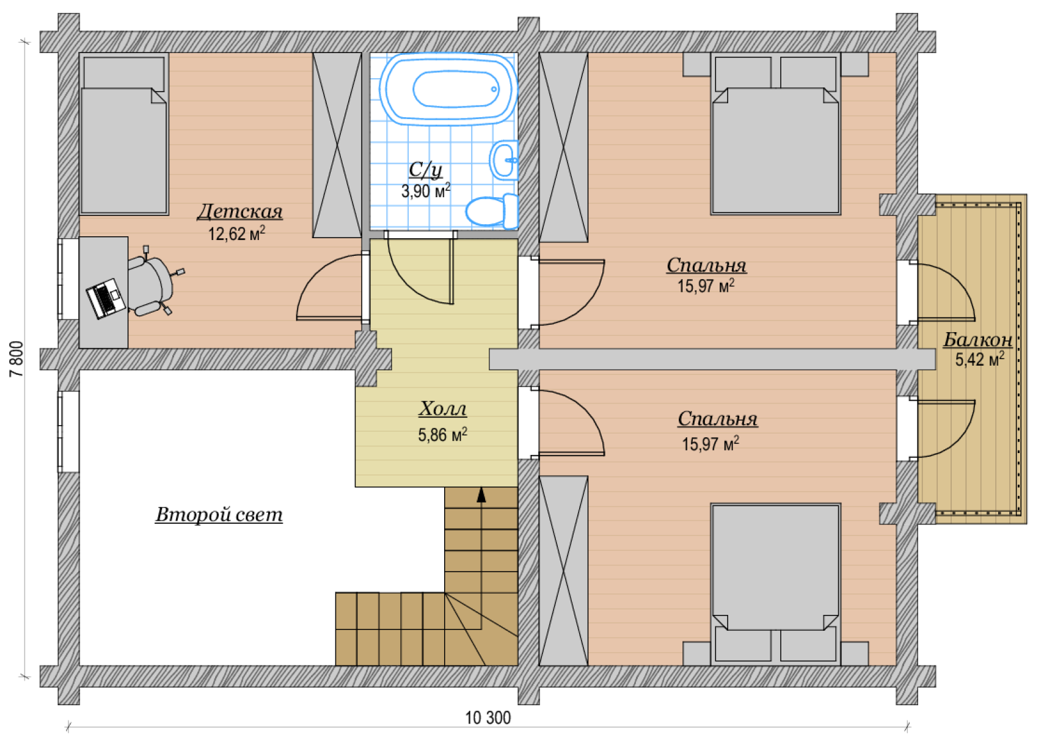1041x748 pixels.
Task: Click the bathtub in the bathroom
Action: tap(448, 89)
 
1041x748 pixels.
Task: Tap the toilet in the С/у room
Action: tap(492, 211)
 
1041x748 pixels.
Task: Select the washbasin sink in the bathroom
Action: tap(504, 160)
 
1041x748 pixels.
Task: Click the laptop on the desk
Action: tap(106, 298)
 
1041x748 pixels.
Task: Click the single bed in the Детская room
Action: tap(124, 134)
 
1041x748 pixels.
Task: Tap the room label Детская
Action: tap(240, 212)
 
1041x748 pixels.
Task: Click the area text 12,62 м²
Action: tap(236, 233)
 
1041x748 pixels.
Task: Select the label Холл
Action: tap(442, 409)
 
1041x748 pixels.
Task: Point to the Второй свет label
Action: tap(219, 514)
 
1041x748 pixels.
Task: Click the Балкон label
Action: tap(978, 340)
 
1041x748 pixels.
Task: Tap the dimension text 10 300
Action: tap(488, 718)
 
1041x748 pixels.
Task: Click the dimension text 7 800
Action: tap(16, 359)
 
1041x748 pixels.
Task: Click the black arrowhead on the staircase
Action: tap(481, 495)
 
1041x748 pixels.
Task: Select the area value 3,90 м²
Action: tap(426, 191)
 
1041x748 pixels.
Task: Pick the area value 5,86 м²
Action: tap(442, 434)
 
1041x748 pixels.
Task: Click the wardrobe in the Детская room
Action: tap(337, 145)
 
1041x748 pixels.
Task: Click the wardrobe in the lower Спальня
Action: tap(563, 570)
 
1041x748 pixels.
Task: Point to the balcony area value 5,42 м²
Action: tap(980, 359)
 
